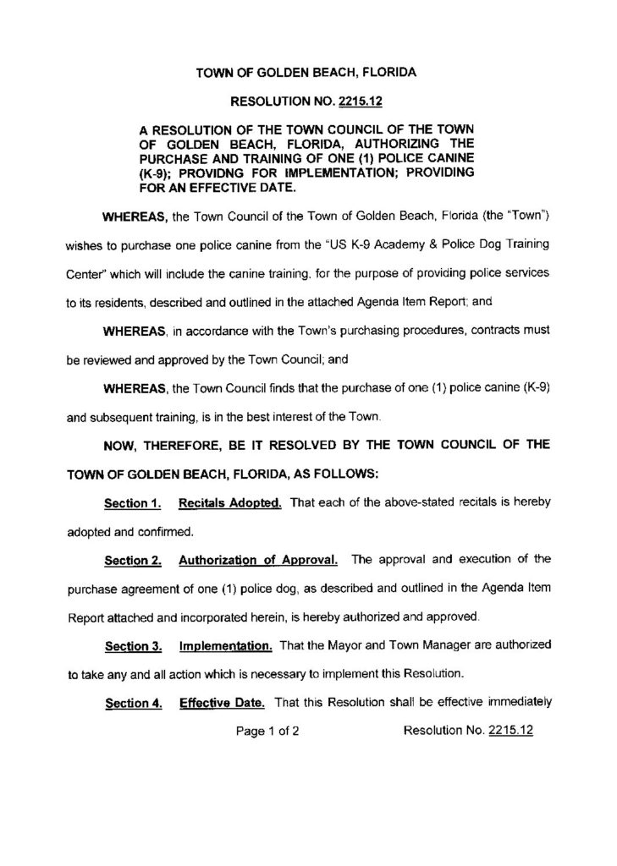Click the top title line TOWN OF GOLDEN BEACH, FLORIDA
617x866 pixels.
point(306,74)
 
